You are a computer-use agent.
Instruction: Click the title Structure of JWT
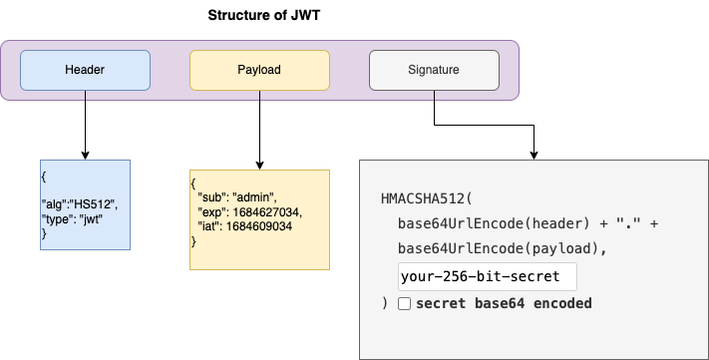264,16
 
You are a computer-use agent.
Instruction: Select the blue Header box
85,70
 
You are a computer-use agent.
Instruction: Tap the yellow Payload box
259,70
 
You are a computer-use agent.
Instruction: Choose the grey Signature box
434,70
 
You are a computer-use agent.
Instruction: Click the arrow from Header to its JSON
85,125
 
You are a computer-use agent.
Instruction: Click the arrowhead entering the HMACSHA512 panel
536,153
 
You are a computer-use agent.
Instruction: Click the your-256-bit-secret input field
487,276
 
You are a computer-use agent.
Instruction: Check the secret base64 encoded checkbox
404,303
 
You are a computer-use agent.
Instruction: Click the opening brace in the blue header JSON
44,175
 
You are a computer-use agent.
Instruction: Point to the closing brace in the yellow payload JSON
193,240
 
